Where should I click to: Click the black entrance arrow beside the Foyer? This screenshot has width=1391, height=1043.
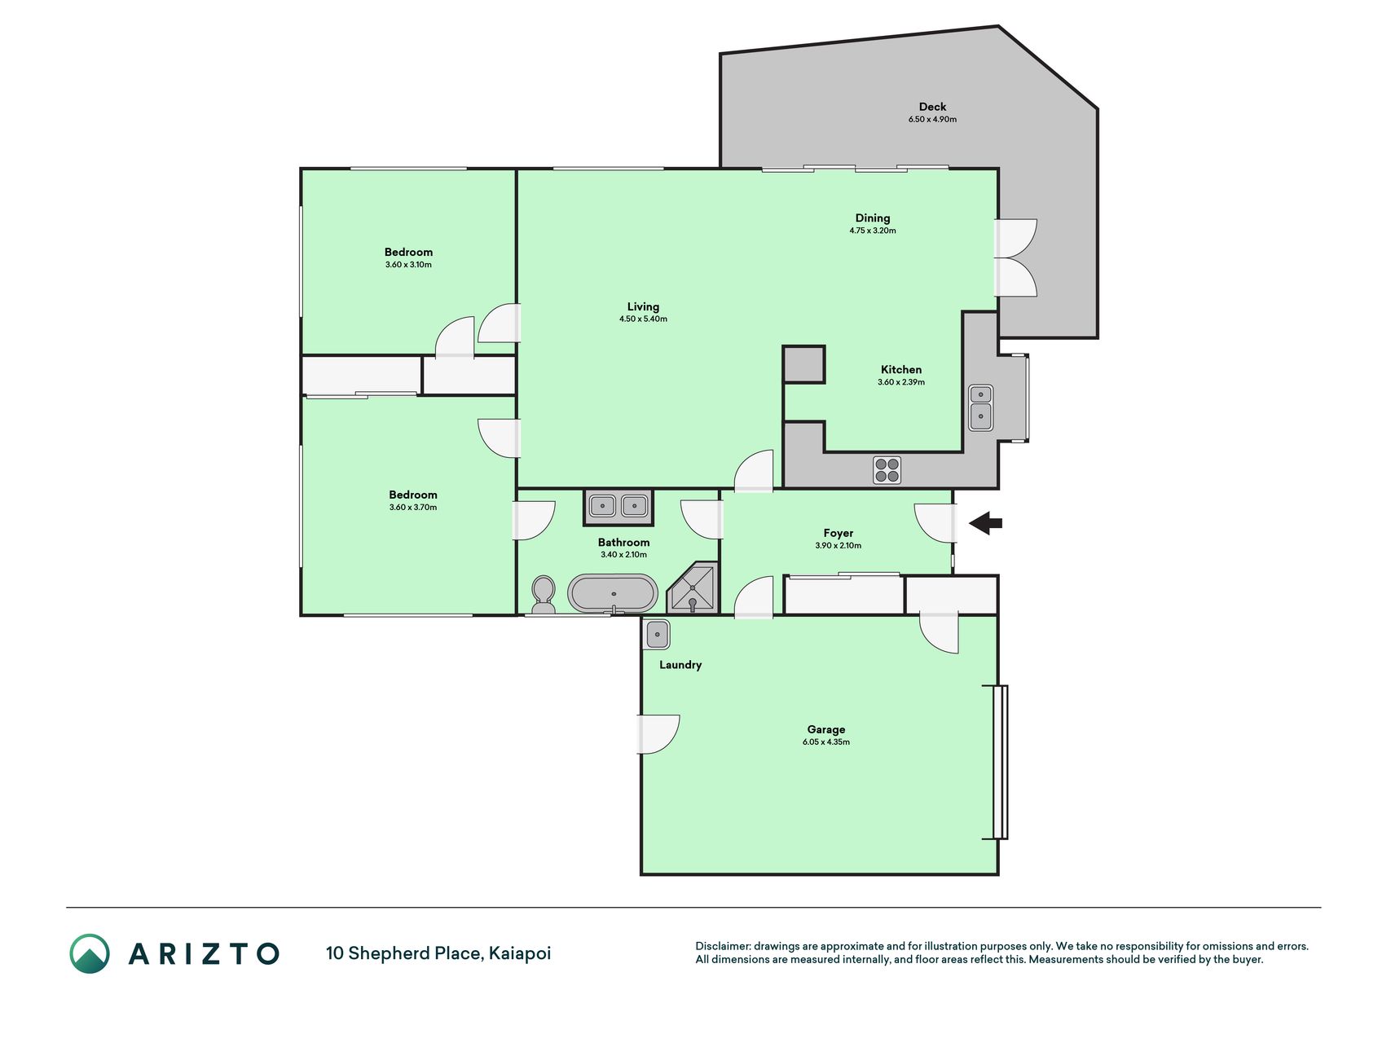[986, 523]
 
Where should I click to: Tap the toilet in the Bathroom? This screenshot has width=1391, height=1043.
[543, 595]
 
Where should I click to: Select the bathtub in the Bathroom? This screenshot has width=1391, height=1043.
[613, 593]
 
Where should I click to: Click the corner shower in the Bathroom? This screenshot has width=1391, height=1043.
[693, 587]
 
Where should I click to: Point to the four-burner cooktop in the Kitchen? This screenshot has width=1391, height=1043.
[887, 470]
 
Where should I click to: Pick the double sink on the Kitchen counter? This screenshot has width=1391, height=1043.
[980, 407]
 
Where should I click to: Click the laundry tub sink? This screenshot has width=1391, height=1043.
[657, 634]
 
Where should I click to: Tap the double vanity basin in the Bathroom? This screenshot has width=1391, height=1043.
[618, 507]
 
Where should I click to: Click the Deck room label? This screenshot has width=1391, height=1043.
[932, 107]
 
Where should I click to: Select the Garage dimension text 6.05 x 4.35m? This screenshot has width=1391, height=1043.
[825, 742]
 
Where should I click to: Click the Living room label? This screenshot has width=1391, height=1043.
[643, 307]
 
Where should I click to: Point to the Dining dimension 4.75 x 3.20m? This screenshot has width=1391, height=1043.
[872, 231]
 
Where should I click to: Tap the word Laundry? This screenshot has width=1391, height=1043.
[680, 665]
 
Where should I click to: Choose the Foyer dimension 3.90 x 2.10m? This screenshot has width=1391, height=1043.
[838, 546]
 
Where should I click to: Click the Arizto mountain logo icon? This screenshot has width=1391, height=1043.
[90, 953]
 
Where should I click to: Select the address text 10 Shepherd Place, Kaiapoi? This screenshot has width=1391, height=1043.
[438, 953]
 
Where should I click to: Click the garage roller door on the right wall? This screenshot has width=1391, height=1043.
[1000, 762]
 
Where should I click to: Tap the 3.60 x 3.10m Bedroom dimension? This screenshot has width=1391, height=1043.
[408, 265]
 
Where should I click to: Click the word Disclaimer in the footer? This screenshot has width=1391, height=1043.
[723, 946]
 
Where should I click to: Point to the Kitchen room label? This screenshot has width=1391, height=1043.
[901, 370]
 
